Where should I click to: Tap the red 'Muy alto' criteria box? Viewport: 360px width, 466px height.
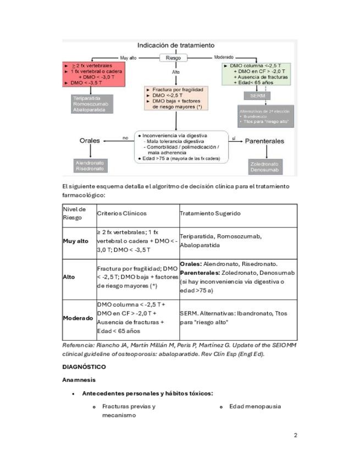(x=95, y=75)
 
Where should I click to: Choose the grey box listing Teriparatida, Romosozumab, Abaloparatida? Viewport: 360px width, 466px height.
(x=92, y=104)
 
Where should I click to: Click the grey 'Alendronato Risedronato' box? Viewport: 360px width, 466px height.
(x=90, y=165)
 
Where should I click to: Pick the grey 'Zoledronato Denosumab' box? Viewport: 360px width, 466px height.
(x=264, y=167)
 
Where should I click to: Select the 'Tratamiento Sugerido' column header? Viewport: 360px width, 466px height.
(x=210, y=213)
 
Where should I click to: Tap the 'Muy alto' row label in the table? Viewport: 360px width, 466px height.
(x=76, y=241)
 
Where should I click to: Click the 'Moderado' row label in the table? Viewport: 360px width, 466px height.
(x=77, y=318)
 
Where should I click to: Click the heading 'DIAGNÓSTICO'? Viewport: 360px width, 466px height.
(x=84, y=366)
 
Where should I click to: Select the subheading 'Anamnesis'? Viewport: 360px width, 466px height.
(x=79, y=380)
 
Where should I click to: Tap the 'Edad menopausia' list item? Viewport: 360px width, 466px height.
(x=255, y=406)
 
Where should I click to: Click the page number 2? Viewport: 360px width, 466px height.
(x=295, y=435)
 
